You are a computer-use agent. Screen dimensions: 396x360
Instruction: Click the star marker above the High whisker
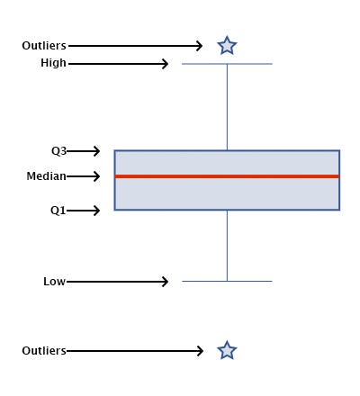[227, 45]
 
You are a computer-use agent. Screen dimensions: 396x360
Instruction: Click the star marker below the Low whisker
[227, 350]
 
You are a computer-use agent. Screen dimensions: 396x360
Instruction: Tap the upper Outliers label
[44, 45]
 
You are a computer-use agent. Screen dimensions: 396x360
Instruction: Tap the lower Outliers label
[44, 350]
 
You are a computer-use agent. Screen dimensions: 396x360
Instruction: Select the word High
[53, 63]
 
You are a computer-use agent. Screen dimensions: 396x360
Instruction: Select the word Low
[54, 282]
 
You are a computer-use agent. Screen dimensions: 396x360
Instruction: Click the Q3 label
[58, 151]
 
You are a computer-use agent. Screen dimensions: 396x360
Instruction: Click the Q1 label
[58, 211]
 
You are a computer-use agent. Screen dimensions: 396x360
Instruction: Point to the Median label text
[46, 176]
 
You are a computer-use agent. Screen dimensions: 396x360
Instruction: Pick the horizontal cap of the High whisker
[227, 64]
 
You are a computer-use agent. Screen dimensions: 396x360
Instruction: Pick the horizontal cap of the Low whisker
[227, 282]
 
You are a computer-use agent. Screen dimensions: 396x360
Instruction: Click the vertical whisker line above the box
[227, 108]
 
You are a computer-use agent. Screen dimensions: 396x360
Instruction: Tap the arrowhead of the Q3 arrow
[96, 151]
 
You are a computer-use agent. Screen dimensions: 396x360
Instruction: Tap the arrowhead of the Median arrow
[96, 176]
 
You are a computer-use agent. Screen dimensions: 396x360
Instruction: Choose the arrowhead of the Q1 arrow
[96, 211]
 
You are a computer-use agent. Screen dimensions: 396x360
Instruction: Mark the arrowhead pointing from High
[166, 64]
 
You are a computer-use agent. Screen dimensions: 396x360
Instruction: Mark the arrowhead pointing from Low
[166, 282]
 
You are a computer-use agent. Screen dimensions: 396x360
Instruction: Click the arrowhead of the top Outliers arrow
[200, 45]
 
